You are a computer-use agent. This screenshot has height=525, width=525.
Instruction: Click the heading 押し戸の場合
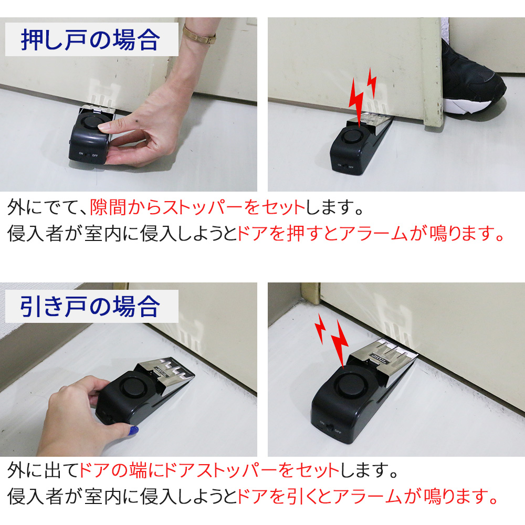click(x=91, y=40)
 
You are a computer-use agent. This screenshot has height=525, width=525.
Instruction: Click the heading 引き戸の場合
click(x=90, y=307)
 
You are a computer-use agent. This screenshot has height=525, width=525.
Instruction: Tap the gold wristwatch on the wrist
click(x=199, y=35)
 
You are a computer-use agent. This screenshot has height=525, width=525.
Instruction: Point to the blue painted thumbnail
click(x=133, y=430)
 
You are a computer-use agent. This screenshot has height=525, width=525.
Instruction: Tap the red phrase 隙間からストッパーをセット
click(x=197, y=207)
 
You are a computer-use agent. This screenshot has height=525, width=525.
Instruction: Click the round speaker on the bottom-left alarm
click(x=133, y=387)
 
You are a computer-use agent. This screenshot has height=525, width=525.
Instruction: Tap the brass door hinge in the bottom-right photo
click(x=311, y=293)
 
